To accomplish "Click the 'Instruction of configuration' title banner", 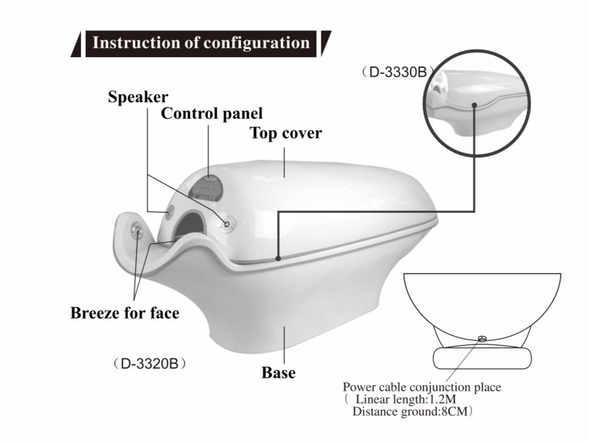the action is pyautogui.click(x=201, y=44).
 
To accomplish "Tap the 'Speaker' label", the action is pyautogui.click(x=138, y=97).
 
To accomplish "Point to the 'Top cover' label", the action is pyautogui.click(x=286, y=133).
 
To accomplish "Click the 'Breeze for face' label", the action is pyautogui.click(x=124, y=313).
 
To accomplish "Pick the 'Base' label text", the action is pyautogui.click(x=278, y=373).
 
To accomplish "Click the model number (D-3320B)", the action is pyautogui.click(x=150, y=364).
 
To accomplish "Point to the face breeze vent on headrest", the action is pyautogui.click(x=137, y=230).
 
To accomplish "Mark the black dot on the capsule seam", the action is pyautogui.click(x=278, y=259).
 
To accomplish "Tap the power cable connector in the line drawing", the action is pyautogui.click(x=482, y=339).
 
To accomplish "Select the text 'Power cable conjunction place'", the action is pyautogui.click(x=422, y=387).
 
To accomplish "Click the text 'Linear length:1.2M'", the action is pyautogui.click(x=406, y=400).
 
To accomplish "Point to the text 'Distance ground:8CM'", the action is pyautogui.click(x=410, y=412).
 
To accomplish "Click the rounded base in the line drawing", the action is pyautogui.click(x=482, y=358).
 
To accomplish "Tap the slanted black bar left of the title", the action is pyautogui.click(x=76, y=44).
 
